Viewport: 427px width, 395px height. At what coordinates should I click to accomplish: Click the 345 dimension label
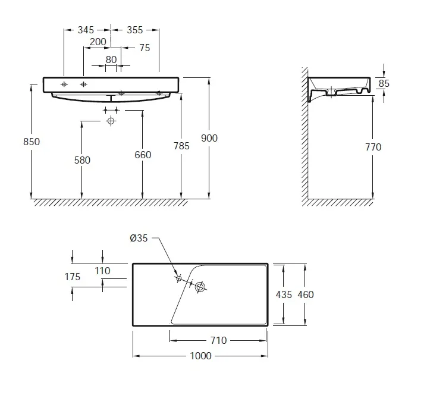[x=86, y=30]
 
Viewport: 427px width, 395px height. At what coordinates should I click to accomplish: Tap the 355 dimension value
[x=135, y=30]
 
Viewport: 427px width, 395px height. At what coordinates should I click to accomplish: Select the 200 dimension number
[x=98, y=42]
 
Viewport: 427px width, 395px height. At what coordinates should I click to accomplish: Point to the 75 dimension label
[x=145, y=48]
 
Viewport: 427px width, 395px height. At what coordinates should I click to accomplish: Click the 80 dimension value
[x=111, y=59]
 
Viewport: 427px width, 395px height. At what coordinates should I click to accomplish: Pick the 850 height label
[x=32, y=142]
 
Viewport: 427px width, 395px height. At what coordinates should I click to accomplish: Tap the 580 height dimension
[x=82, y=160]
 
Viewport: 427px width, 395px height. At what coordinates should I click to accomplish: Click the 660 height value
[x=143, y=155]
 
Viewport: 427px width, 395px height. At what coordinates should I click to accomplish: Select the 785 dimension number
[x=181, y=146]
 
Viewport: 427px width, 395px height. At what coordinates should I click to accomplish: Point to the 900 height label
[x=209, y=139]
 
